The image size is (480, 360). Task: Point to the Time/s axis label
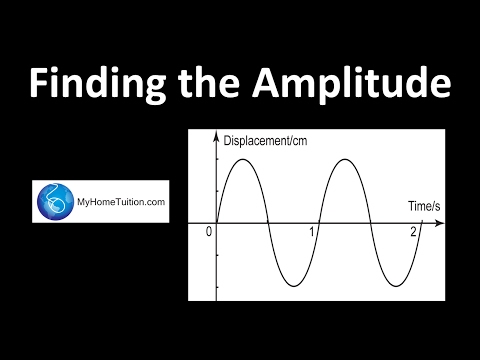click(424, 207)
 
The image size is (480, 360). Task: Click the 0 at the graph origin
click(208, 232)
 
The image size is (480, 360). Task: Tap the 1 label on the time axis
click(312, 232)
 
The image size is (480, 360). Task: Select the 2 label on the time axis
click(413, 232)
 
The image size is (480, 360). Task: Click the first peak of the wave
click(240, 159)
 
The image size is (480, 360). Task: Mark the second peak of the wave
click(344, 159)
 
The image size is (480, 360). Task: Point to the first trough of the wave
click(293, 286)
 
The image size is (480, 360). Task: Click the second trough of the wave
click(396, 286)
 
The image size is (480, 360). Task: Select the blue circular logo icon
click(54, 202)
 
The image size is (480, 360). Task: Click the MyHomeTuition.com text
click(121, 202)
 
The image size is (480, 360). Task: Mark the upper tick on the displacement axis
click(216, 159)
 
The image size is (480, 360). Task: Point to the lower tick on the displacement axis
click(216, 286)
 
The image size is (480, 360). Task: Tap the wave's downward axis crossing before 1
click(267, 222)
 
